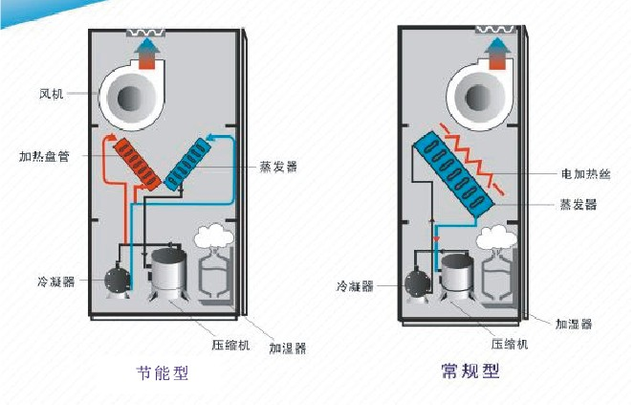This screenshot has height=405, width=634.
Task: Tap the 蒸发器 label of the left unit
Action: (x=277, y=166)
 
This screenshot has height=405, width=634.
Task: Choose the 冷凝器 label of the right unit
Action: (x=355, y=285)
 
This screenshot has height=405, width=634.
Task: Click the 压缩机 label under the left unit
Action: (x=230, y=342)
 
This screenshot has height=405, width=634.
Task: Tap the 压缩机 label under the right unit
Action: (x=511, y=342)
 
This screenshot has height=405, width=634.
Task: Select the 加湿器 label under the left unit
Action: (x=287, y=349)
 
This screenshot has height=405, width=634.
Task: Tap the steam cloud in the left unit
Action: (x=213, y=236)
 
